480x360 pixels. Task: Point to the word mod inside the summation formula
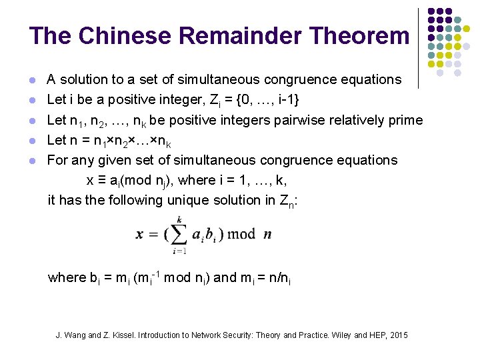click(241, 234)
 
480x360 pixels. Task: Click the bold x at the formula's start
click(141, 234)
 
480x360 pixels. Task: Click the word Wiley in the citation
click(339, 335)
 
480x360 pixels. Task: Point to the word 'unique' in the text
click(182, 200)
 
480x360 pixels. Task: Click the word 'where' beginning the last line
click(66, 278)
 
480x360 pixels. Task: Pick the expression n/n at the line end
click(279, 278)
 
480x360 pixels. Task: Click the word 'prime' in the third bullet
click(405, 120)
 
